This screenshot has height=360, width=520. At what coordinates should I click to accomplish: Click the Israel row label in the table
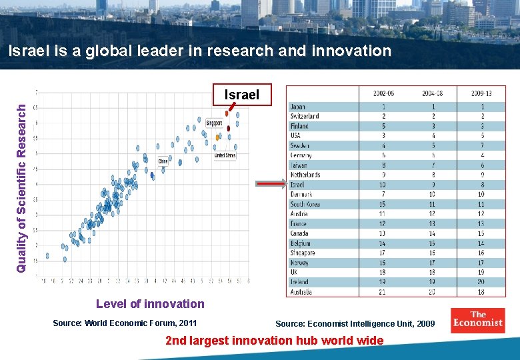297,185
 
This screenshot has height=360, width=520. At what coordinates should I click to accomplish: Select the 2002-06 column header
383,94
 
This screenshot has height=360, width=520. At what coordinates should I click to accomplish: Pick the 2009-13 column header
482,94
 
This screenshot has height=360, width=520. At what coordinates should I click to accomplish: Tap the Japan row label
297,106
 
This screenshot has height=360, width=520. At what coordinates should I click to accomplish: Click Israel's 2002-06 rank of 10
383,185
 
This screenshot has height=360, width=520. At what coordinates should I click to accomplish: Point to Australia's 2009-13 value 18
481,292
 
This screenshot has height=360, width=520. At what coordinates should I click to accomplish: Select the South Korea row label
305,204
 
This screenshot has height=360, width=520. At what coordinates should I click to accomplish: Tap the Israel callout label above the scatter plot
241,95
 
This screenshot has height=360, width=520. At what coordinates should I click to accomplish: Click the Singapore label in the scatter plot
214,123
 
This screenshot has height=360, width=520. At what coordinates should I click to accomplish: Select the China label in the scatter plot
163,161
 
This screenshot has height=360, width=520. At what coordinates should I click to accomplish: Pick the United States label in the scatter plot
225,155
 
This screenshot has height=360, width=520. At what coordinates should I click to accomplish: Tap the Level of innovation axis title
150,304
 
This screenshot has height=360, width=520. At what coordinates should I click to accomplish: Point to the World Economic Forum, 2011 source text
125,323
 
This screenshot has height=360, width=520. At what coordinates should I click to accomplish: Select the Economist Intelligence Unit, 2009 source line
355,324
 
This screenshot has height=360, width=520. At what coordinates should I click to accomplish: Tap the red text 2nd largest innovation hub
275,341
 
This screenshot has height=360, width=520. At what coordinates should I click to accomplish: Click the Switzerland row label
304,116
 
